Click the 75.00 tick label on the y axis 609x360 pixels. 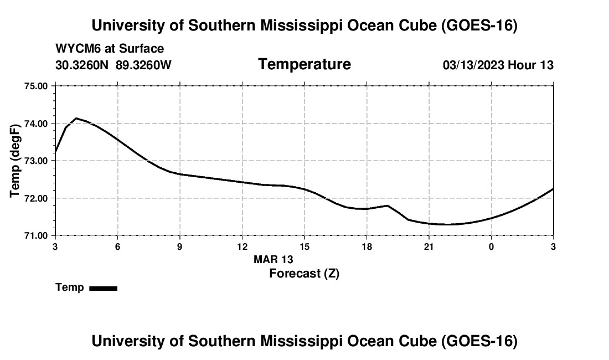pos(36,86)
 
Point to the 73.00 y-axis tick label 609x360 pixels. pos(36,161)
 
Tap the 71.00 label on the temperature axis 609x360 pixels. pos(36,236)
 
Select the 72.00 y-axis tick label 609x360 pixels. pos(36,198)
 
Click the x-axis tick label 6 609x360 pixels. pos(118,246)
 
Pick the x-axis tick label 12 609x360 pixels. pos(242,246)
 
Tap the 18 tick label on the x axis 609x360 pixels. pos(367,246)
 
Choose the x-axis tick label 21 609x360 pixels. pos(429,246)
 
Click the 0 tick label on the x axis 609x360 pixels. pos(491,246)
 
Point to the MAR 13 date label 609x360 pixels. pos(273,259)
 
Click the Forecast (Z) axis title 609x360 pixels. pos(304,274)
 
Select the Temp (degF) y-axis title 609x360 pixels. pos(15,161)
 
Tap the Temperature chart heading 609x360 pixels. pos(304,64)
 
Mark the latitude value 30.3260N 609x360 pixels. pos(82,65)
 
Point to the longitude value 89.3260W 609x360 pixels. pos(143,65)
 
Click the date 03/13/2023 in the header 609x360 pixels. pos(473,65)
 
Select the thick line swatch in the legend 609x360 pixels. pos(104,288)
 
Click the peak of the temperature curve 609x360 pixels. pos(76,118)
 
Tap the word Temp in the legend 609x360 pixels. pos(70,287)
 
